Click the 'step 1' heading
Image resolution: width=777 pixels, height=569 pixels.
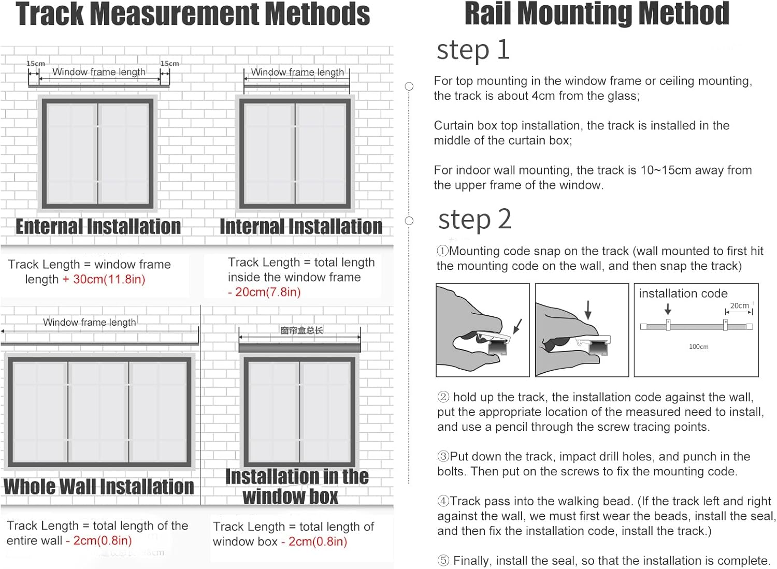[x=473, y=51]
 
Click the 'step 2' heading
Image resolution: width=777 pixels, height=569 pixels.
[x=474, y=220]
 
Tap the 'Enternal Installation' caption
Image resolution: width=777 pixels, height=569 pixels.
[x=98, y=227]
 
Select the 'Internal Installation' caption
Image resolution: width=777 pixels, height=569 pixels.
[x=301, y=227]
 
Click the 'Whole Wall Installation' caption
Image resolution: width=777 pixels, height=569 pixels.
[x=98, y=487]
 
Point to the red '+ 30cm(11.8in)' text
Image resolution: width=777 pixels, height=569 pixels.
[x=104, y=280]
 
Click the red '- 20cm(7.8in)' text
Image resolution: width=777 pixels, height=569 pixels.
[x=264, y=292]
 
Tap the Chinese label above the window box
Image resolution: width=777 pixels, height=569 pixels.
[x=301, y=330]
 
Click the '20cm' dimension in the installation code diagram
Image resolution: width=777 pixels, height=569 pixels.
[x=739, y=305]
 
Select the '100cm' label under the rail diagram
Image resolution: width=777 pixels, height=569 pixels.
[x=698, y=346]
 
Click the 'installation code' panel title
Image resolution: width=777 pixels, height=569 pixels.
[x=683, y=294]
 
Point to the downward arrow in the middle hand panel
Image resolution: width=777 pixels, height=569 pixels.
[x=588, y=310]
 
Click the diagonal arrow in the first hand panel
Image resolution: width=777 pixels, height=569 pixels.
[x=517, y=326]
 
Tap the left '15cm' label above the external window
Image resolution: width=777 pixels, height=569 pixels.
[x=36, y=64]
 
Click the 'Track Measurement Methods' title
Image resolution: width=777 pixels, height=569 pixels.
[x=193, y=14]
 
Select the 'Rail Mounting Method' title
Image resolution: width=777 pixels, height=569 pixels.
[x=597, y=14]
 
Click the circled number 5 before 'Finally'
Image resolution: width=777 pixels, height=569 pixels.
[x=443, y=561]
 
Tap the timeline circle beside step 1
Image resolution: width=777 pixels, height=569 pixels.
[x=409, y=86]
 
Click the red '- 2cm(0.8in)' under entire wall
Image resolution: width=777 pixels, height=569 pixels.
[x=99, y=541]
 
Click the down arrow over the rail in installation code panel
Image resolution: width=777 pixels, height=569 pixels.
[x=668, y=309]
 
